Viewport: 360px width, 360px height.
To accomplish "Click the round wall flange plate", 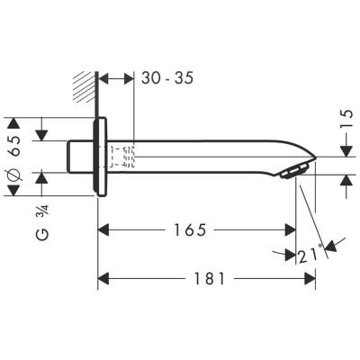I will point(101,158).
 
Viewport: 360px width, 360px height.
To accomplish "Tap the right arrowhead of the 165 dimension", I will point(291,231).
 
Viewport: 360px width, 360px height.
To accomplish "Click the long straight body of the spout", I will point(207,156).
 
